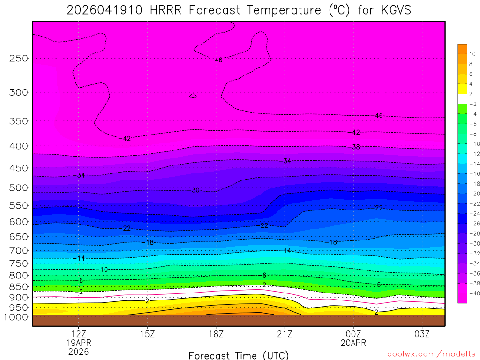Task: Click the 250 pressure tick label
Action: [18, 58]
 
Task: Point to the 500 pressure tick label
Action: [18, 187]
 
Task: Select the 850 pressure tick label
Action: [18, 286]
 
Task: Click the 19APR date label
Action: [78, 343]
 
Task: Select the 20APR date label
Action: [353, 343]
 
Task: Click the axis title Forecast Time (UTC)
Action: [239, 355]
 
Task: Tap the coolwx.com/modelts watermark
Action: [431, 354]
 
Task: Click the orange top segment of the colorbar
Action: [463, 48]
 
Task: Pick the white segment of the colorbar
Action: [463, 98]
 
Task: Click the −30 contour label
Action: [195, 190]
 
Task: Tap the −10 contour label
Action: [104, 270]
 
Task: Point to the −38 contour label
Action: [356, 147]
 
